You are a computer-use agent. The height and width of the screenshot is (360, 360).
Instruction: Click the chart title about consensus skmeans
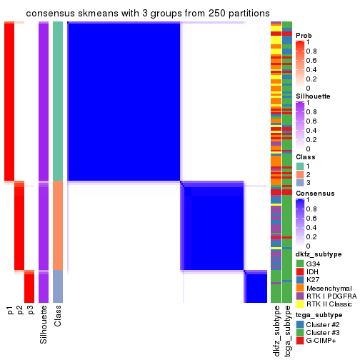[147, 14]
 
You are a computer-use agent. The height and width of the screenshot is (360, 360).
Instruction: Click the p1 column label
[10, 310]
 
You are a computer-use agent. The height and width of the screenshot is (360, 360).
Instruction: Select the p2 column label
[20, 310]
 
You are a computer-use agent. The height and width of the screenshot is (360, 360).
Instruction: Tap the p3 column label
[30, 310]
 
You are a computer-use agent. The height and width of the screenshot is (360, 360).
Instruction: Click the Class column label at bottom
[58, 316]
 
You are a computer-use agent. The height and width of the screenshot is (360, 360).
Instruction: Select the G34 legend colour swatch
[299, 264]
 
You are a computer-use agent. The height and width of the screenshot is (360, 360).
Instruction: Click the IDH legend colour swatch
[299, 272]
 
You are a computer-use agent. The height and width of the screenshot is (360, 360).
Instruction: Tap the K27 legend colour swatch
[299, 281]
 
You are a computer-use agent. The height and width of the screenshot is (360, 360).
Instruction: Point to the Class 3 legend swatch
[299, 184]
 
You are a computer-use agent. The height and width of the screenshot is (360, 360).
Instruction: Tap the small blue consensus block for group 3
[256, 288]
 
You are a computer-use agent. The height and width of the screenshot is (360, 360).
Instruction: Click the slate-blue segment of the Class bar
[58, 287]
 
